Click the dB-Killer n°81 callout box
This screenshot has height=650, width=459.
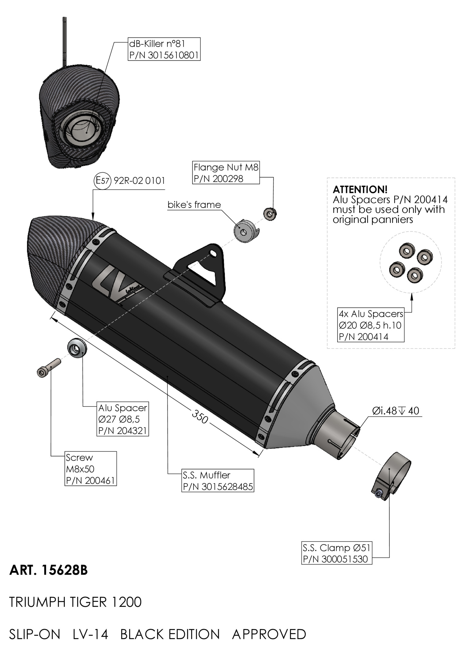tap(164, 49)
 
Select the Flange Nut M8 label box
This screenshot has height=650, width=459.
tap(226, 172)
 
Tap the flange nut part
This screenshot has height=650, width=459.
tap(270, 214)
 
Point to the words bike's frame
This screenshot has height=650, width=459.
tap(194, 205)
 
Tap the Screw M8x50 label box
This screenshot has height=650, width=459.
tap(91, 469)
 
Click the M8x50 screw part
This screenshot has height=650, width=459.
tap(48, 368)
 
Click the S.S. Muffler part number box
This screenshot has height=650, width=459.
tap(218, 481)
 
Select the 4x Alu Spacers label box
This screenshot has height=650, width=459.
tap(371, 325)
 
